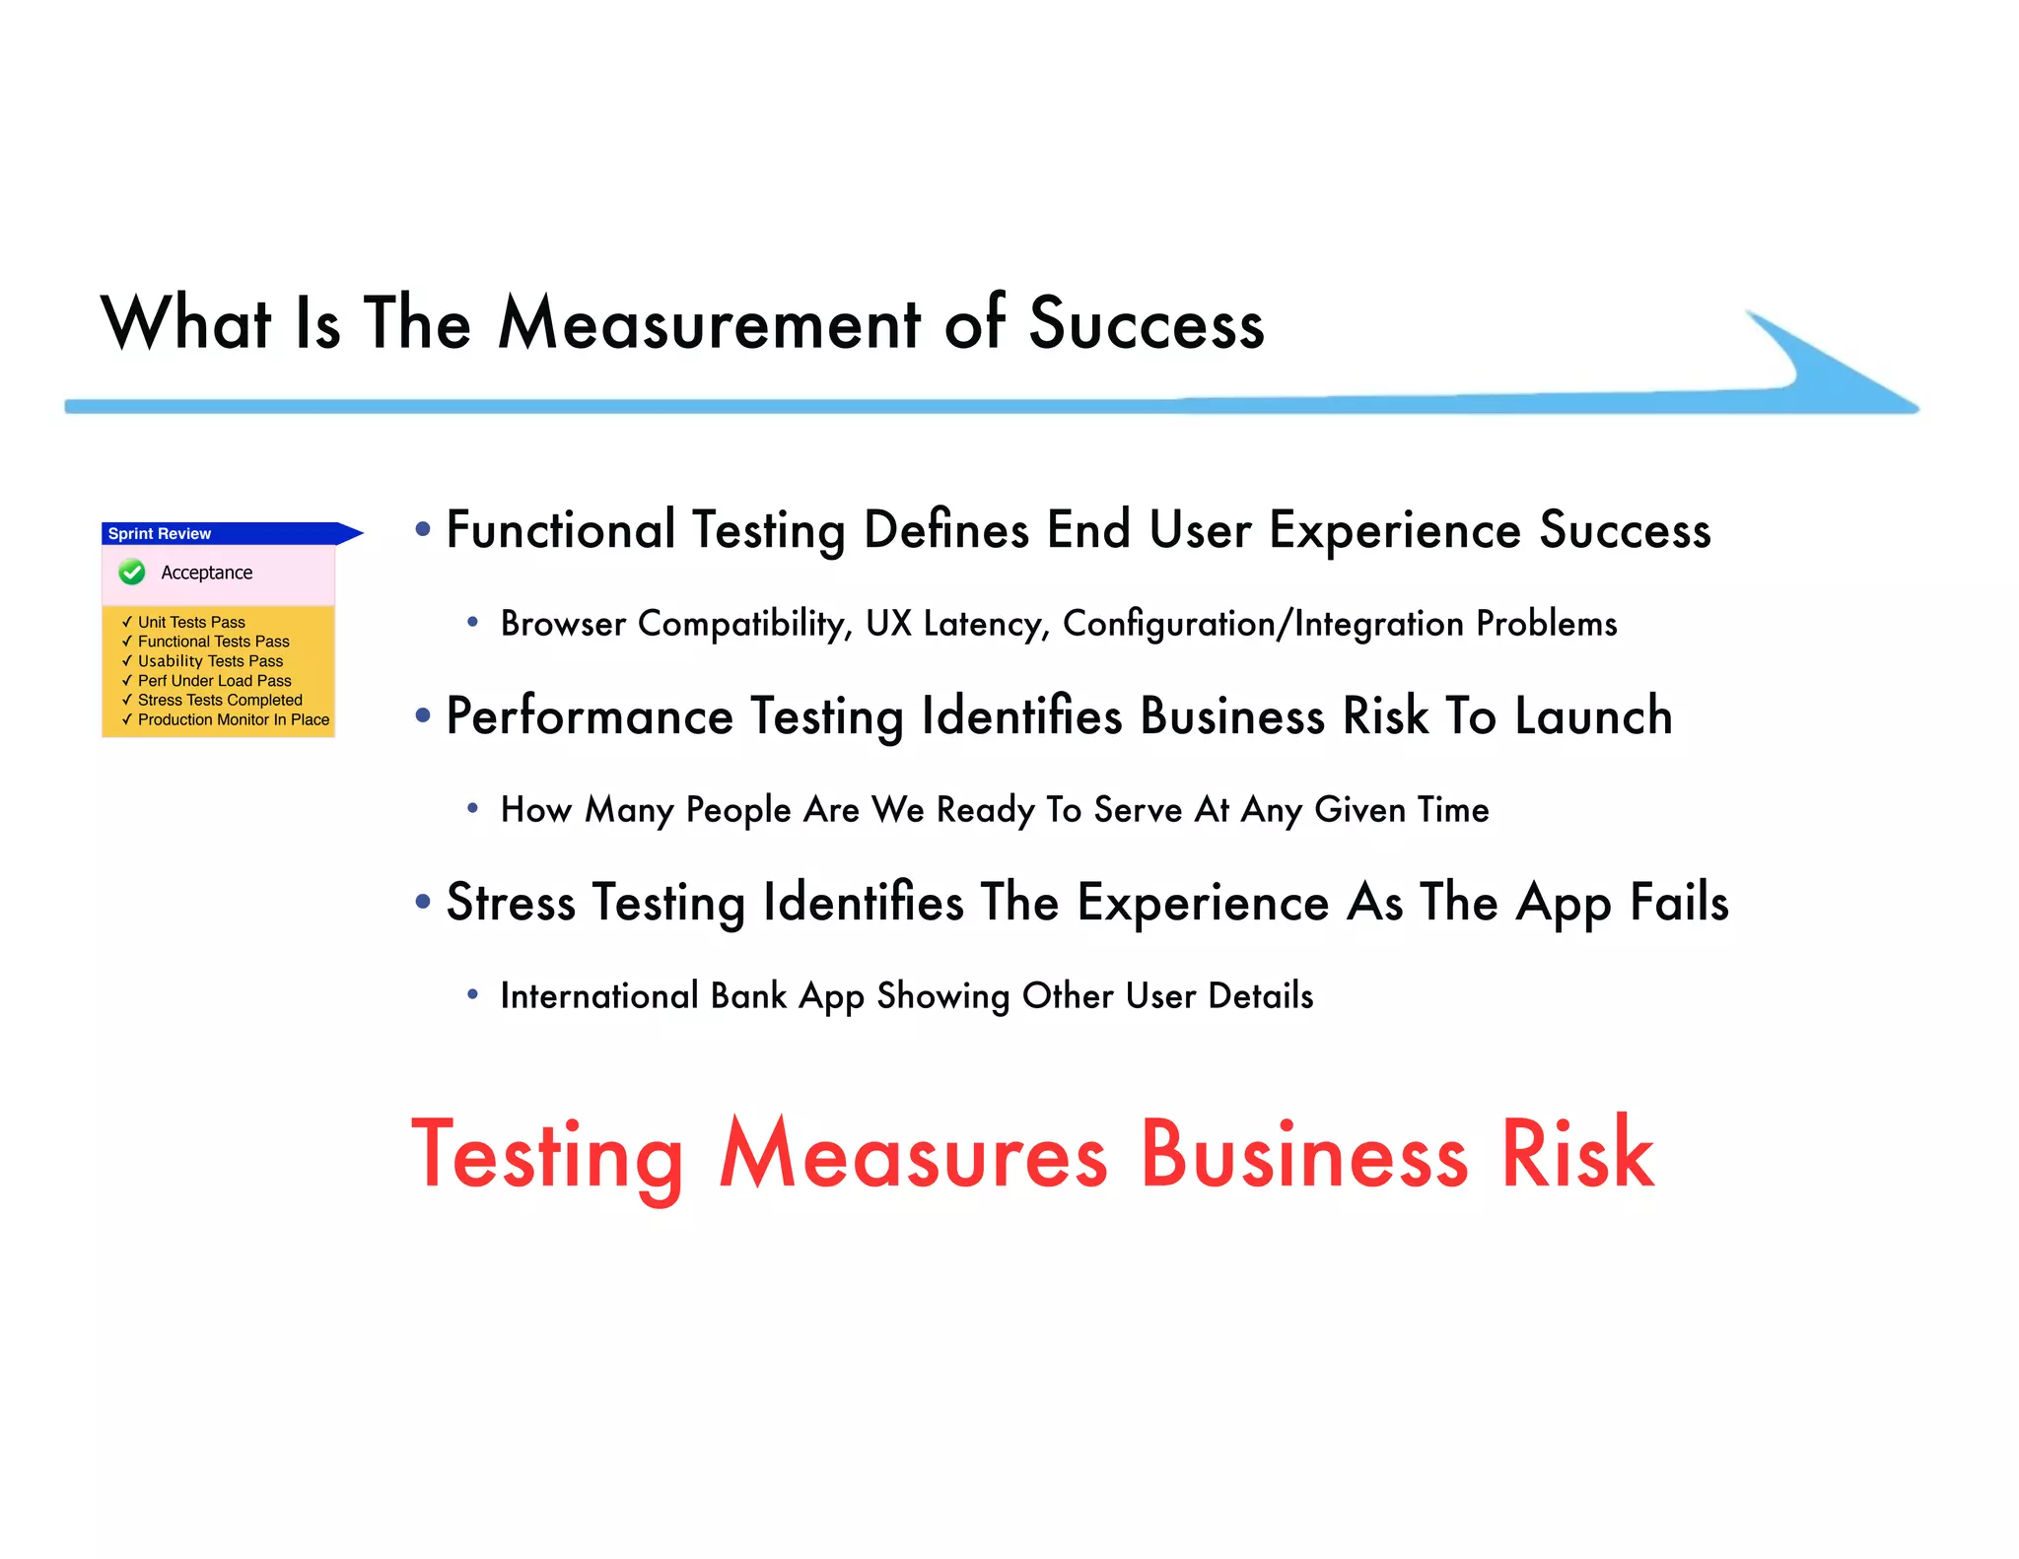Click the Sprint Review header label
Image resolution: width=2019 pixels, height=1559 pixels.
point(160,533)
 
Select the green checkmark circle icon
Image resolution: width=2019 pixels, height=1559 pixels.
point(132,572)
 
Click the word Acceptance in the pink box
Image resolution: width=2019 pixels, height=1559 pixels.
point(207,573)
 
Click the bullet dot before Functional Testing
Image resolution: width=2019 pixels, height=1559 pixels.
point(423,529)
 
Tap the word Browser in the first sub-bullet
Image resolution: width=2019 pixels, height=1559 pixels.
point(563,624)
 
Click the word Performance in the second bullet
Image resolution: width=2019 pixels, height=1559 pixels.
point(590,715)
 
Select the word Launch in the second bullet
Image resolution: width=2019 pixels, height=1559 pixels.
point(1593,715)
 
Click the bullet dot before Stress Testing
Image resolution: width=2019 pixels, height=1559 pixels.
point(423,901)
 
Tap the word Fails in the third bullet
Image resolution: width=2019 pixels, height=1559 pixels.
point(1679,902)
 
